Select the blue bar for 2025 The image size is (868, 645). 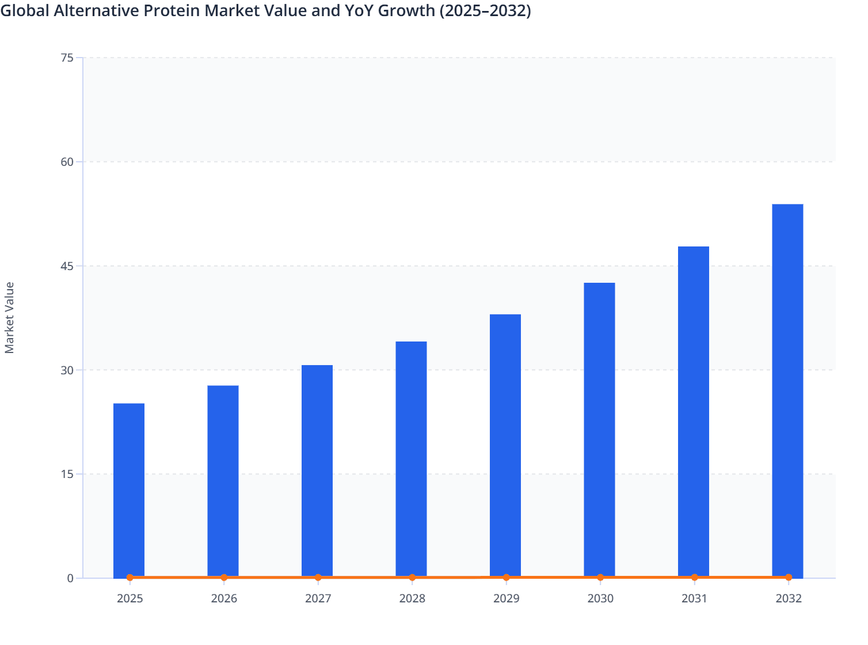pyautogui.click(x=129, y=490)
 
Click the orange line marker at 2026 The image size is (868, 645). pyautogui.click(x=224, y=577)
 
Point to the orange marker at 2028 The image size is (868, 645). pyautogui.click(x=412, y=577)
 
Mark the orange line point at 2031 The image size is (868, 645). pyautogui.click(x=694, y=577)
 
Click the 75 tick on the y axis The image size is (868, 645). pyautogui.click(x=67, y=58)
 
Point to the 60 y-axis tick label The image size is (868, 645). pyautogui.click(x=67, y=162)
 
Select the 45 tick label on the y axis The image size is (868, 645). pyautogui.click(x=67, y=266)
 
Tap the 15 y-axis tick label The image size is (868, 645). pyautogui.click(x=67, y=474)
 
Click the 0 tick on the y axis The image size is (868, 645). pyautogui.click(x=70, y=578)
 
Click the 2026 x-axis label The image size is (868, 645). pyautogui.click(x=224, y=598)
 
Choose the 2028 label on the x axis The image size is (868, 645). pyautogui.click(x=412, y=598)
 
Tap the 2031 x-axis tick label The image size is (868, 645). pyautogui.click(x=694, y=598)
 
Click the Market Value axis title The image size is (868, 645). pyautogui.click(x=10, y=317)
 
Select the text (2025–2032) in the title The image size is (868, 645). pyautogui.click(x=485, y=10)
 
